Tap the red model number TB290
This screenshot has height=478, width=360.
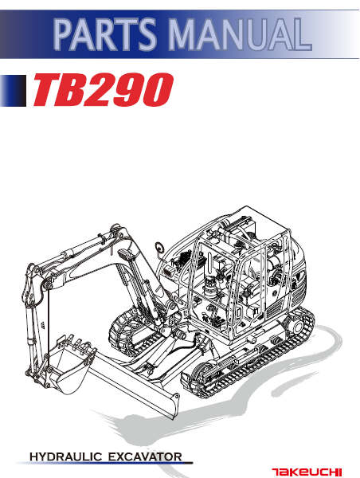point(102,91)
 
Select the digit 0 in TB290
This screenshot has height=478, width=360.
point(155,91)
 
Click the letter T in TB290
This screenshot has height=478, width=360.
point(46,91)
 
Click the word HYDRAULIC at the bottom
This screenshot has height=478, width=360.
point(67,456)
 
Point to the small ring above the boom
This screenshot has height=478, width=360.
point(159,246)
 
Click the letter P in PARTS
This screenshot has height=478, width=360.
point(65,33)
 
